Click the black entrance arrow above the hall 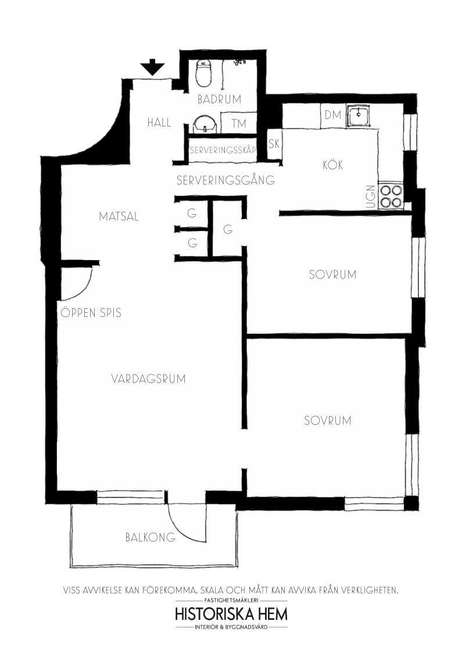point(152,67)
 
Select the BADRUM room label point(219,99)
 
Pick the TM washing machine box point(238,123)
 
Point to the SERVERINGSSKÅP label point(223,150)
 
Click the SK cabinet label point(274,143)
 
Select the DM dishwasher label point(332,115)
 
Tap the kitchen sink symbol point(359,115)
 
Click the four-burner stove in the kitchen point(391,196)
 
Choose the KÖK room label point(332,165)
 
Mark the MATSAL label point(119,216)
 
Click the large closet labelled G point(228,229)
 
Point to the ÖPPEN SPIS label point(91,313)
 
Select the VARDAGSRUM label point(148,379)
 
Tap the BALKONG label point(150,537)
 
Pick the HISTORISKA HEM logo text point(231,614)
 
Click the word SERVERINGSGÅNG point(226,181)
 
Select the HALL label point(159,122)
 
